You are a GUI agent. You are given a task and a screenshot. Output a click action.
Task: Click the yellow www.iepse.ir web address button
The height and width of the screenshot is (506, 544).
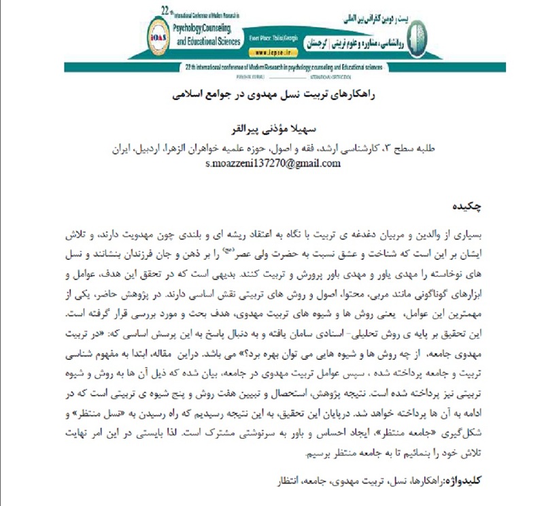(x=276, y=51)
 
